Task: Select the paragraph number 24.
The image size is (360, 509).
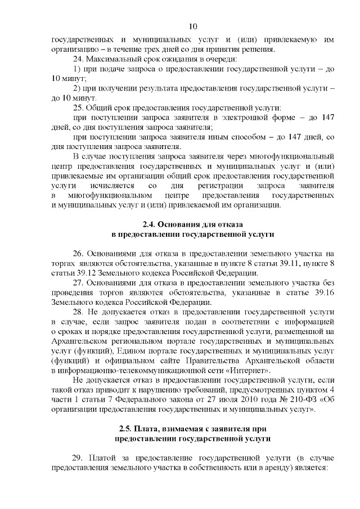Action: [x=79, y=59]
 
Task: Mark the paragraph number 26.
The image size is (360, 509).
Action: [x=79, y=254]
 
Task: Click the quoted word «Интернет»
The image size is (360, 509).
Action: [x=249, y=370]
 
